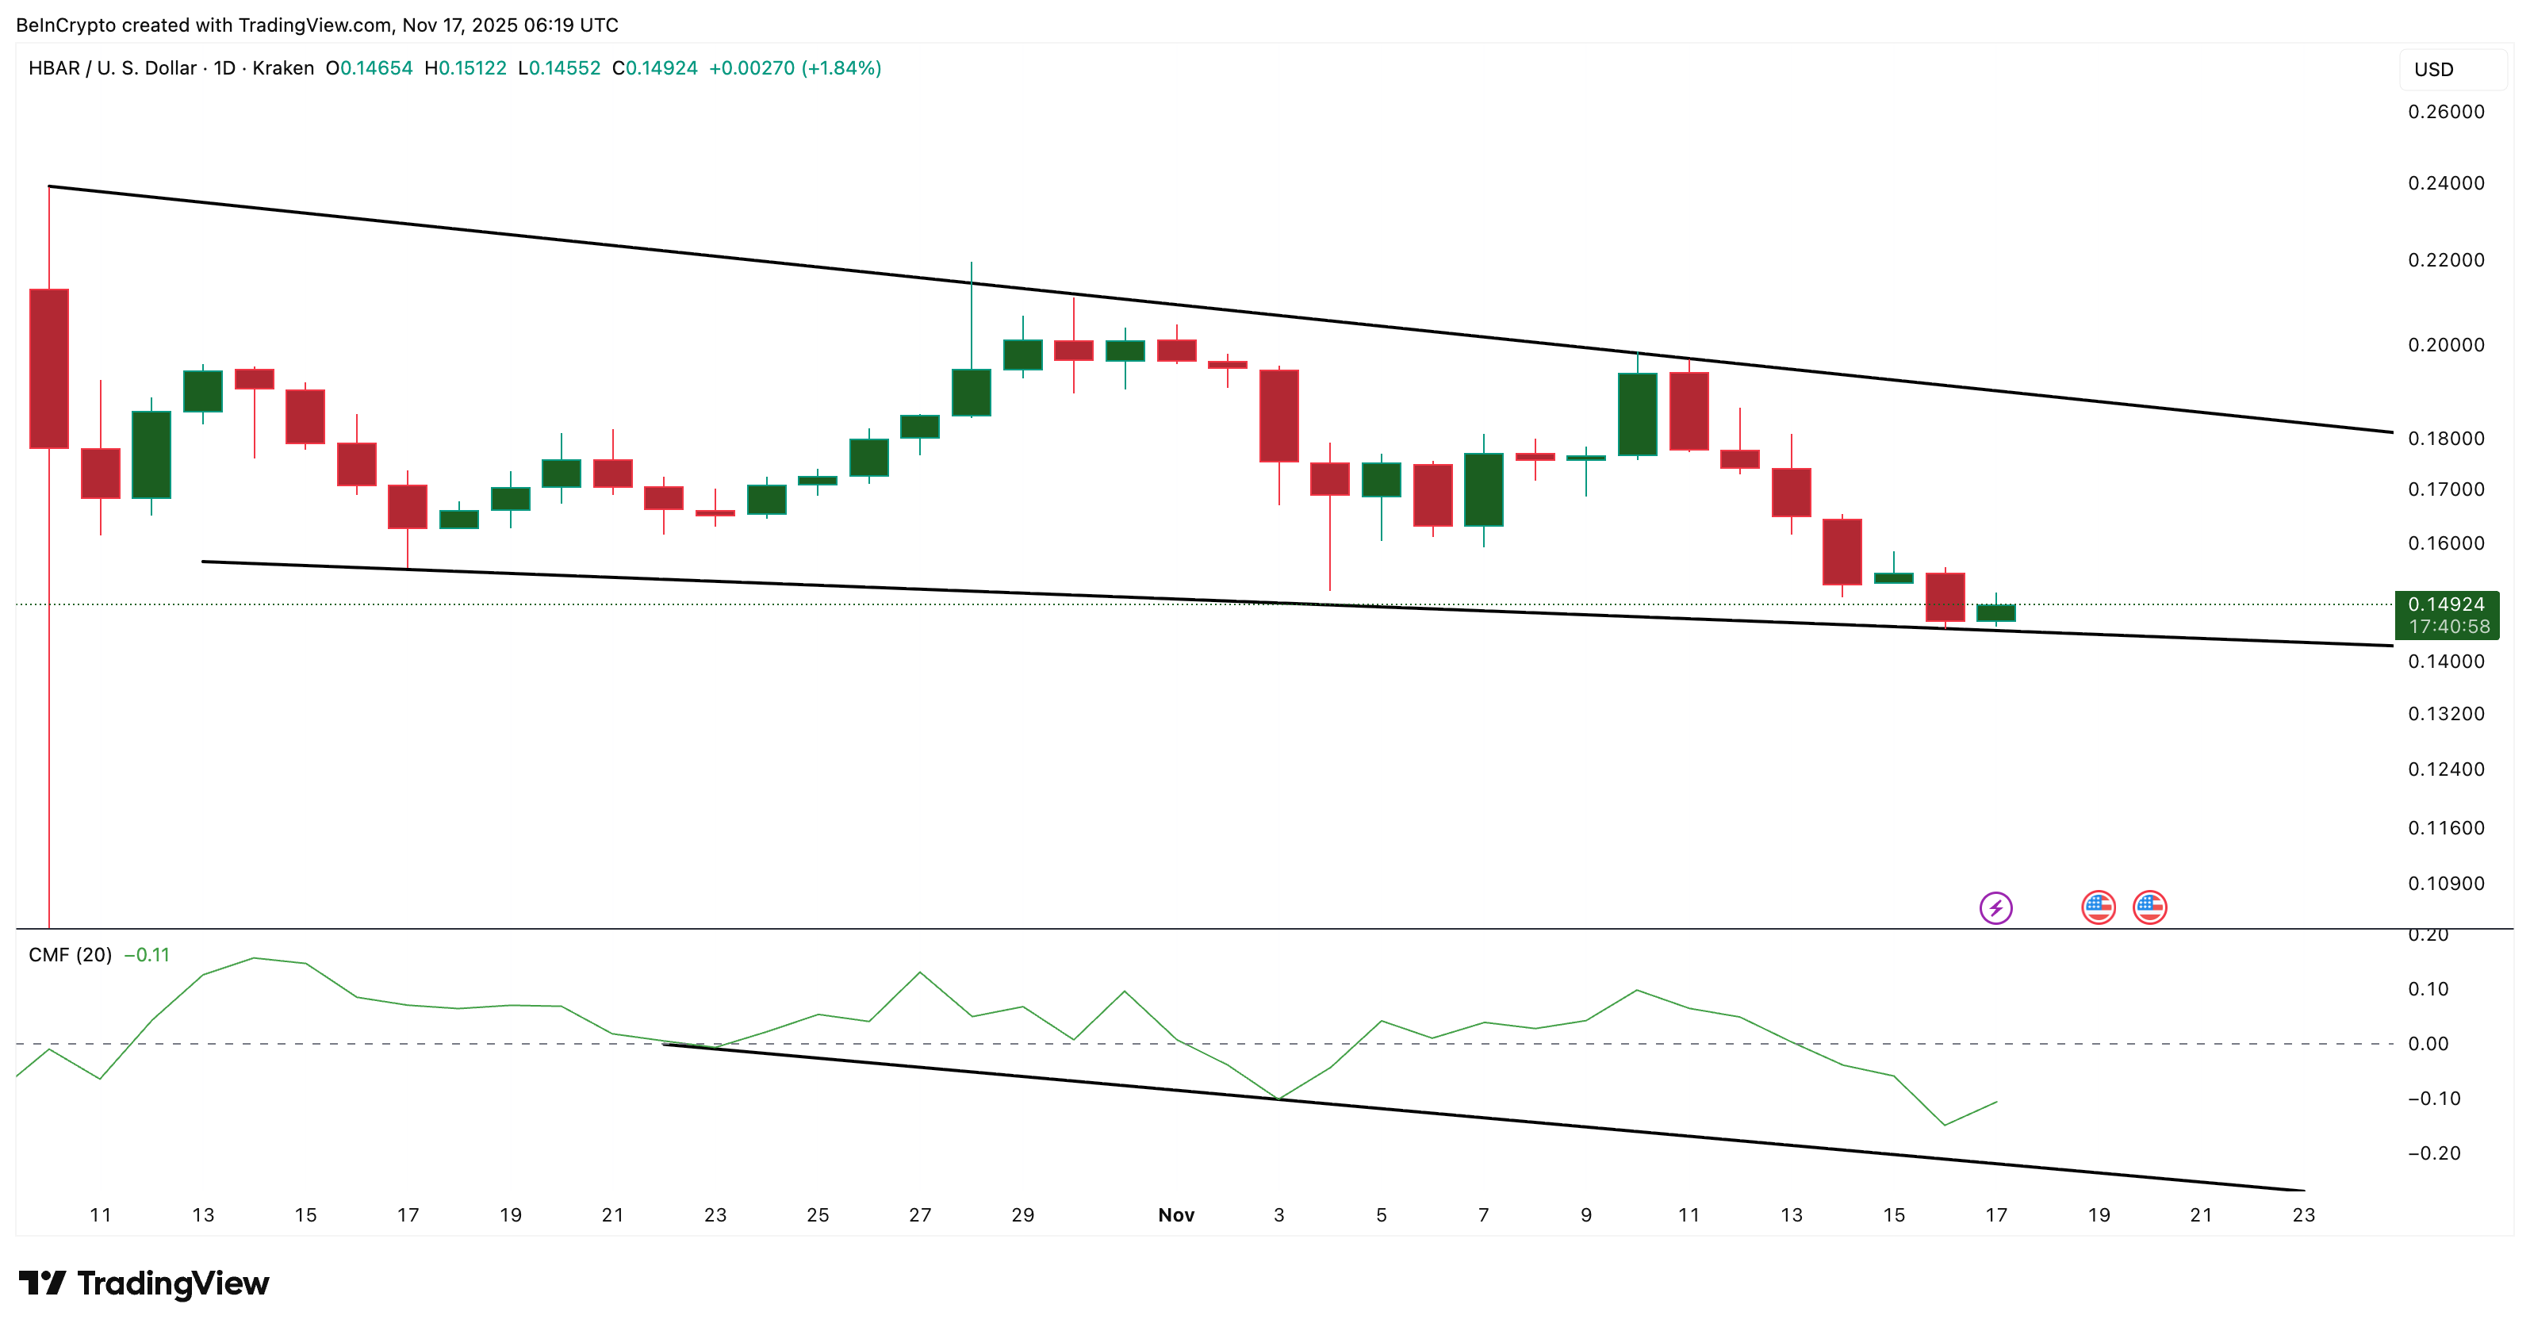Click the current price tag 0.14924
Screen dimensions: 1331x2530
click(2446, 605)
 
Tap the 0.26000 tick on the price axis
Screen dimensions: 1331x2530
click(2446, 112)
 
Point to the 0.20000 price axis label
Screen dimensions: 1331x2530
click(2446, 345)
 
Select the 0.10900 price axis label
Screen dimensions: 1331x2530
click(2446, 883)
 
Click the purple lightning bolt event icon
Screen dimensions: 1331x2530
click(1995, 907)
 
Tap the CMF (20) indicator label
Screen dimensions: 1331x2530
click(70, 955)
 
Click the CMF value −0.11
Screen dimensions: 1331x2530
click(147, 955)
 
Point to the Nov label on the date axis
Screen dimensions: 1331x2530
click(1175, 1215)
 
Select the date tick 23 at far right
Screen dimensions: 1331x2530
click(2303, 1215)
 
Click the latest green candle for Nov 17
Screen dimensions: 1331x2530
click(1995, 613)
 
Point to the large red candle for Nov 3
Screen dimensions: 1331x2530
click(1278, 416)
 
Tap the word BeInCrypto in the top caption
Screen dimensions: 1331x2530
click(65, 25)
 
